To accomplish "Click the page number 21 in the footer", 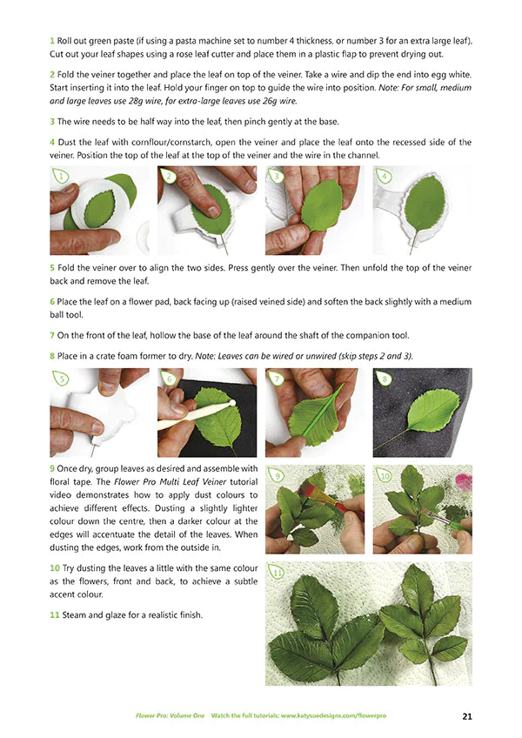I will point(467,716).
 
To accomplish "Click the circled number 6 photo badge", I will point(170,379).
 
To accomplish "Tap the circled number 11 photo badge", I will point(278,574).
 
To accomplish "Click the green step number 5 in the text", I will point(52,266).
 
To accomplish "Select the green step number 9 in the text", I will point(52,468).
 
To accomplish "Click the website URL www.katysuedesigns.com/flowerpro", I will point(331,715).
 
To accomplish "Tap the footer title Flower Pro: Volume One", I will point(170,715).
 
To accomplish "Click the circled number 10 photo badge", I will point(385,476).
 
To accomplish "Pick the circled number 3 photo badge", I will point(277,177).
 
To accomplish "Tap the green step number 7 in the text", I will point(52,335).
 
